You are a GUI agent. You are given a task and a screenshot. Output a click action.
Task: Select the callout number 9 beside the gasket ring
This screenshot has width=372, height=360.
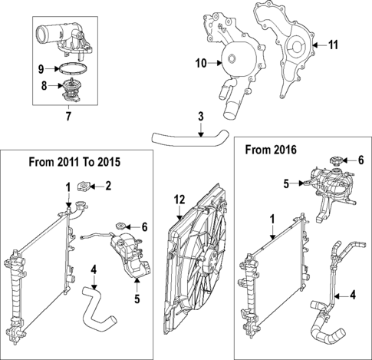point(44,68)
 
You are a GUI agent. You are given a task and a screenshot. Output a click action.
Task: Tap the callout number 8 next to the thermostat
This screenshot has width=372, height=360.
point(44,86)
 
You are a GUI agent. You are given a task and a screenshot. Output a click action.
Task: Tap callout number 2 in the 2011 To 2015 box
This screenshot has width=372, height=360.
point(108,185)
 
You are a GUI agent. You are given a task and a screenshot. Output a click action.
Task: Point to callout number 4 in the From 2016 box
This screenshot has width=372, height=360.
point(352,293)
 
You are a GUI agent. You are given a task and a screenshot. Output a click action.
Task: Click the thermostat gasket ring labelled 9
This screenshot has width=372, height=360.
point(71,70)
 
